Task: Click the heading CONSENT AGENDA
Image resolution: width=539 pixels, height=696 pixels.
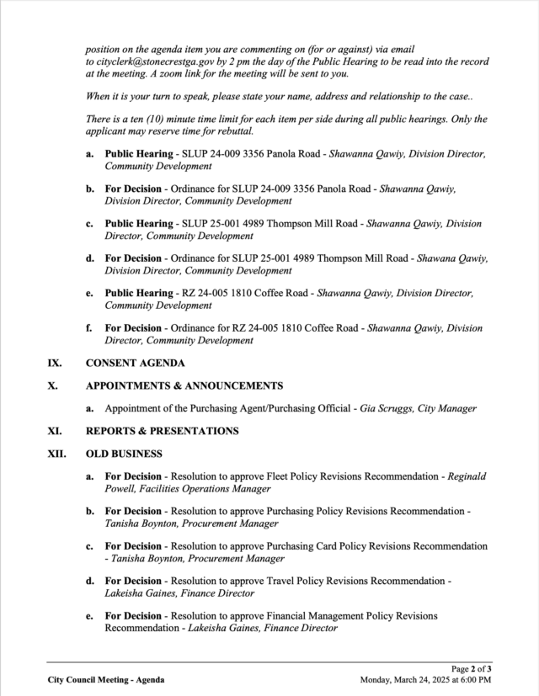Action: (136, 364)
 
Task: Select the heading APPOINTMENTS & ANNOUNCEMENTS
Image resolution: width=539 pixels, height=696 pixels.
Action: (184, 385)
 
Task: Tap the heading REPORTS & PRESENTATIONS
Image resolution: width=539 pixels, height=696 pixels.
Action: (162, 431)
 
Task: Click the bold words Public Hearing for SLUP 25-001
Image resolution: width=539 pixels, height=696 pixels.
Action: (138, 224)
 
